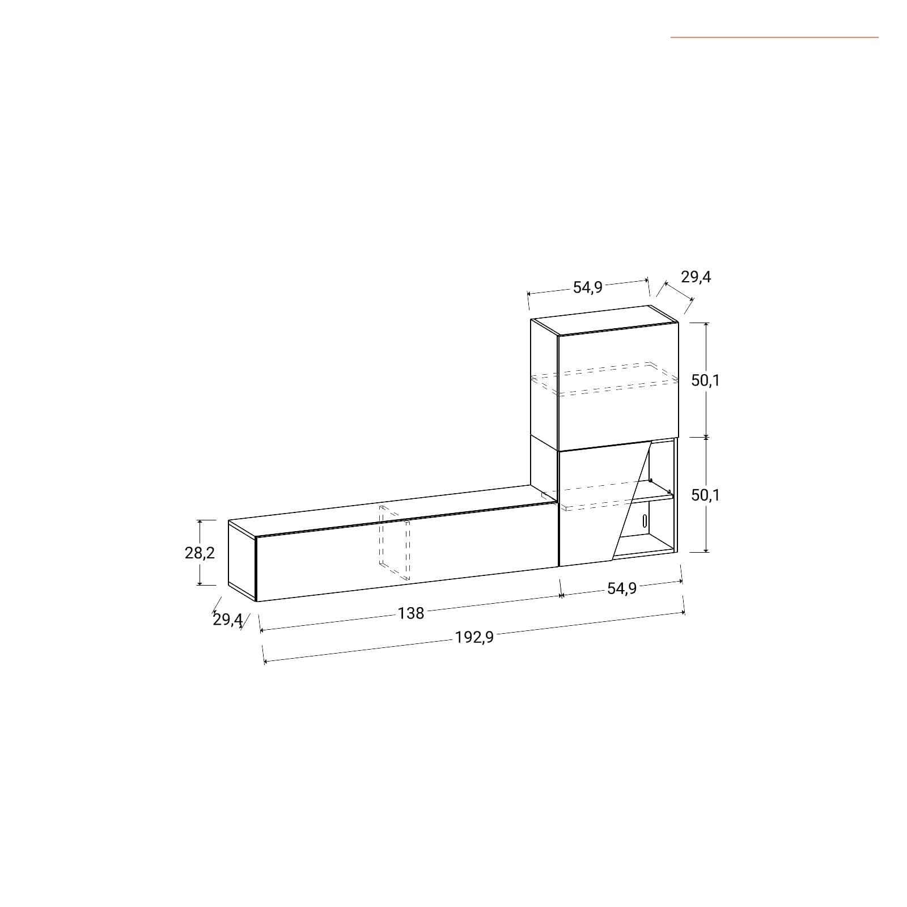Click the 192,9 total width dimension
coord(474,637)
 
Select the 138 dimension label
coord(411,613)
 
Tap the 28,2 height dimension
coord(200,553)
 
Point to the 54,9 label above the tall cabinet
coord(587,287)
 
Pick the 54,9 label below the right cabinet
coord(622,588)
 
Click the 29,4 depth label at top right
coord(696,277)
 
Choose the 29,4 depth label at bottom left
coord(228,620)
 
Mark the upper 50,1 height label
coord(705,380)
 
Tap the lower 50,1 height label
coord(705,495)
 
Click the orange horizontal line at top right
coord(774,37)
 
